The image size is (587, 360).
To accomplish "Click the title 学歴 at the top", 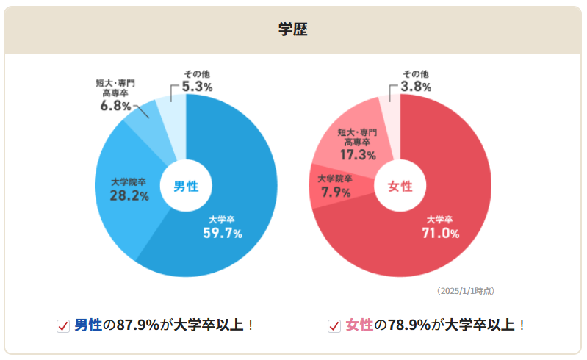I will click(292, 29).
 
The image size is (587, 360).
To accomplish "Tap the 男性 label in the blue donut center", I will click(186, 186).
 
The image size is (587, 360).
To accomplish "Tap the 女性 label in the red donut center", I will click(400, 186).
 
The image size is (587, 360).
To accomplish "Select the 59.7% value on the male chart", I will click(223, 234).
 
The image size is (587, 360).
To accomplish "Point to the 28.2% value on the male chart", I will click(129, 196).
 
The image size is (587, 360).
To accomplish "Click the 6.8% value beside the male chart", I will click(116, 106).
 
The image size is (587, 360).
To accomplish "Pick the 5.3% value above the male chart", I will click(197, 87).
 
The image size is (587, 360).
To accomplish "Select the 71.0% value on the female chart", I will click(441, 234).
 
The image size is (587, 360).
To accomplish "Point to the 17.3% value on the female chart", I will click(358, 155).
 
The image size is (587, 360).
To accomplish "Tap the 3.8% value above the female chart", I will click(416, 87).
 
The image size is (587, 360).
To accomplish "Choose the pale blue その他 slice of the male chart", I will click(173, 125).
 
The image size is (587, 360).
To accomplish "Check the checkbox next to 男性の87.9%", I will click(63, 325).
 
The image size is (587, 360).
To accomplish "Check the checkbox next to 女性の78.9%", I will click(334, 325).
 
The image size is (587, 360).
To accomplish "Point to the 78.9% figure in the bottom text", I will click(408, 325).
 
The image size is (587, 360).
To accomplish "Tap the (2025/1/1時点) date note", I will click(465, 291).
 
